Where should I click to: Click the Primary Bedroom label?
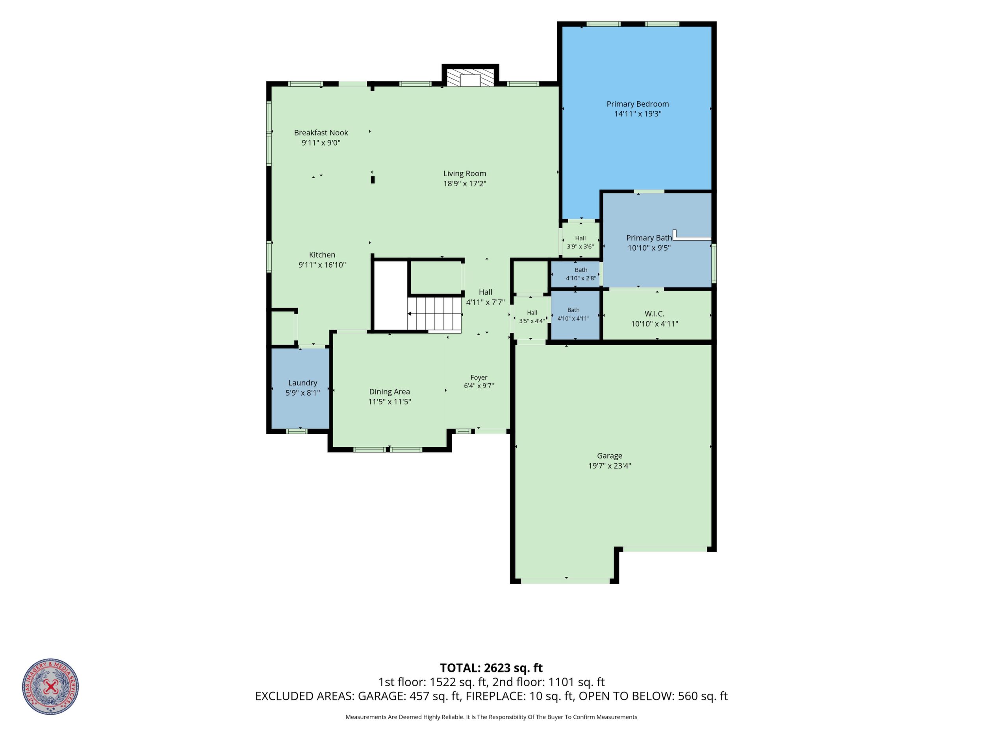pos(638,104)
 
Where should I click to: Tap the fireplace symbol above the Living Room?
pos(470,77)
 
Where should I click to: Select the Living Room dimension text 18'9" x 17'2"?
pos(465,183)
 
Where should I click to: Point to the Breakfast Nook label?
pos(321,132)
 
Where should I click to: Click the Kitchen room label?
pos(322,255)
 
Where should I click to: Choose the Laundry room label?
pos(302,383)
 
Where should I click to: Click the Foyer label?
pos(479,378)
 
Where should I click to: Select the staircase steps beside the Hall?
pos(435,314)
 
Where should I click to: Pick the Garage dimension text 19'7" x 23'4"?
pos(610,466)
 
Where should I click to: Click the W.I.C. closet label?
pos(655,314)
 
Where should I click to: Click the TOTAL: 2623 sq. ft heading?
pos(491,668)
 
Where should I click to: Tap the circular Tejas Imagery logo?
pos(51,687)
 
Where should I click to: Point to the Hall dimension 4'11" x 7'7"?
pos(485,302)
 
